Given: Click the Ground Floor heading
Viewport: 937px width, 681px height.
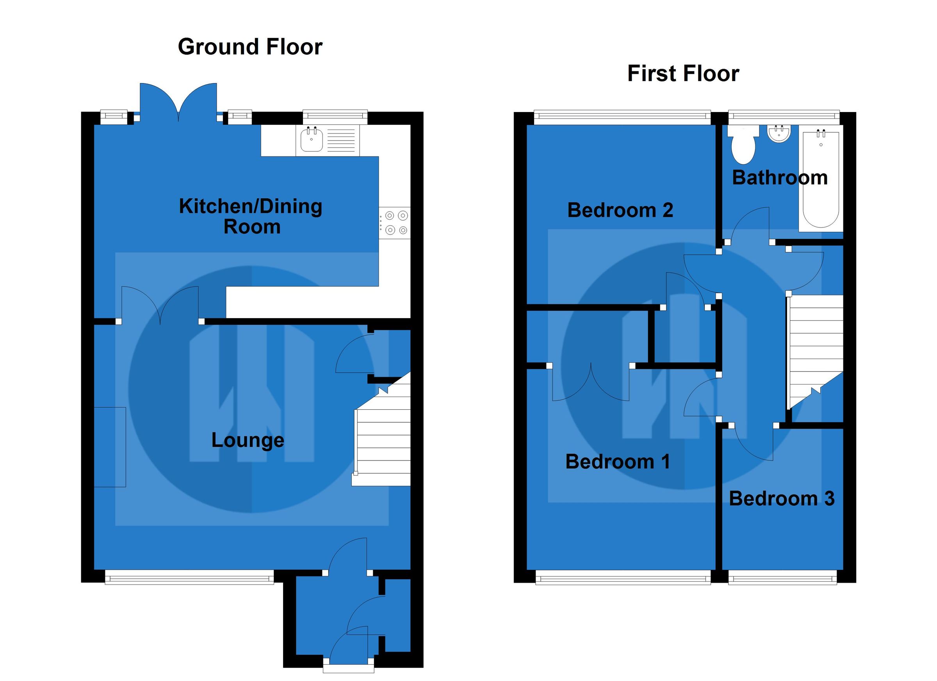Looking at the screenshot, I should pos(250,47).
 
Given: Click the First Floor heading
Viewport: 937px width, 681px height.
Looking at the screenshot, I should pos(683,74).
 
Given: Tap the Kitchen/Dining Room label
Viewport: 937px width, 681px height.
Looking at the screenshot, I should pos(251,217).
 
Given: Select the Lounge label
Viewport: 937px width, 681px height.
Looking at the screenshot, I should pos(248,440).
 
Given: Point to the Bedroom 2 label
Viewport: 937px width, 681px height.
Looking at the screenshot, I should pos(620,210).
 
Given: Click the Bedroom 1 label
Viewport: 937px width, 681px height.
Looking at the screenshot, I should pos(617,462).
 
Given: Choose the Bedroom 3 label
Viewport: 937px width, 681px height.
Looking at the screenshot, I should pos(782,499).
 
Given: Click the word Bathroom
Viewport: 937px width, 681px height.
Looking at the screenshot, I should pos(780,178).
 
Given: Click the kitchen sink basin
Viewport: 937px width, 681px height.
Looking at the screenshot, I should pos(311,140).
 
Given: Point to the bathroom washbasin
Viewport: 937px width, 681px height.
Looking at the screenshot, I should pos(779,134).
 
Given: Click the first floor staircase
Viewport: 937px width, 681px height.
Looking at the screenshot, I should pos(815,347).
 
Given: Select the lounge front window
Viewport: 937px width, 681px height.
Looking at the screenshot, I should pos(189,576).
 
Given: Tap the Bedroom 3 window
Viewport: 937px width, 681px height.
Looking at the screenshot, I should pos(782,577).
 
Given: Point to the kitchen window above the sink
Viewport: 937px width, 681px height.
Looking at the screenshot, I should pos(335,117).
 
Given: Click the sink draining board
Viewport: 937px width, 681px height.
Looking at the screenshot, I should pos(341,140).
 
